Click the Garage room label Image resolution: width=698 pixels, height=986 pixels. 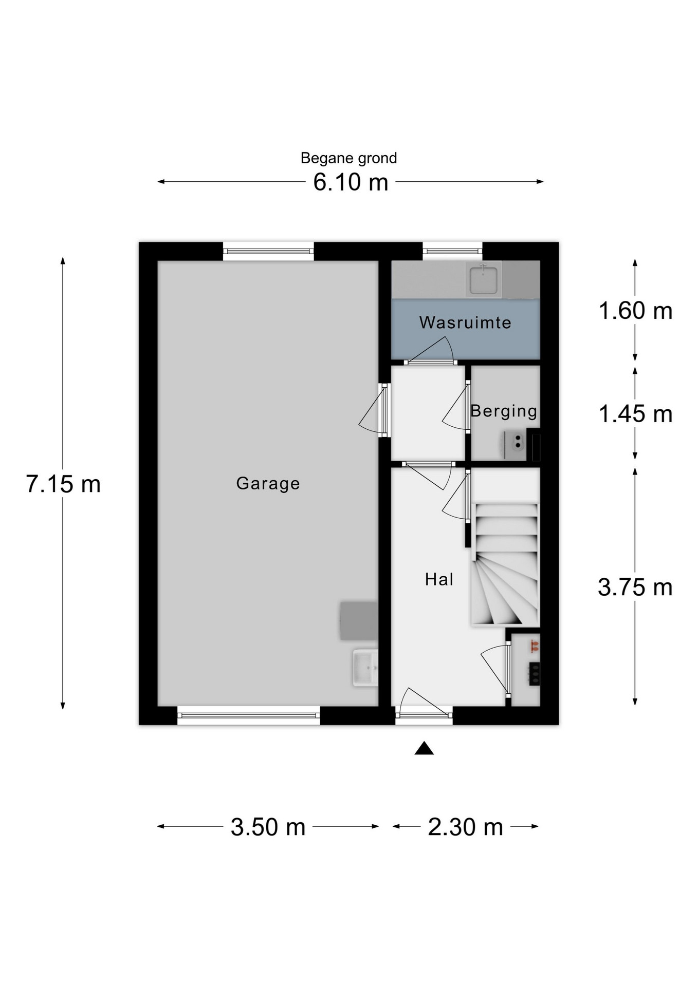[x=268, y=483]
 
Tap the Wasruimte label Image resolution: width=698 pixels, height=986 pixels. [x=465, y=323]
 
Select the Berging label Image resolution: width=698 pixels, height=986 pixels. [x=504, y=411]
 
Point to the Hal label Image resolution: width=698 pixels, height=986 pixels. [x=439, y=579]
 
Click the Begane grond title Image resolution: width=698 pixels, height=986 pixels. [x=348, y=158]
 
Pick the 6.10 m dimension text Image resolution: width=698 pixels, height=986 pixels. [x=351, y=182]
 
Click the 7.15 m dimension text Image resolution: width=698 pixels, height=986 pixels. [x=63, y=484]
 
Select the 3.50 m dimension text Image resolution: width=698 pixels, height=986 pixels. [x=268, y=827]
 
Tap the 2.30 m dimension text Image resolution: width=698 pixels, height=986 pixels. [x=465, y=827]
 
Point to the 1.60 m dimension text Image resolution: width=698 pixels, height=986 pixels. [x=635, y=311]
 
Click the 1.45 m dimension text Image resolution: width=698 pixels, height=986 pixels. [x=635, y=414]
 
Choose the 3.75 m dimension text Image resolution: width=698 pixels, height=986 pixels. [x=635, y=587]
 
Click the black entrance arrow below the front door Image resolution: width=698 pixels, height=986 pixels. [x=424, y=749]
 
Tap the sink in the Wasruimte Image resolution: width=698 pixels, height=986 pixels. [x=483, y=279]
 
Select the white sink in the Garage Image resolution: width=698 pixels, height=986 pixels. [x=365, y=668]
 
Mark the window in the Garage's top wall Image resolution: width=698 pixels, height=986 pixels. [x=268, y=252]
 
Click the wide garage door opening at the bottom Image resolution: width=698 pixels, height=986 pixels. [x=249, y=715]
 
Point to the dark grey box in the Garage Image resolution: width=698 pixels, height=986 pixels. [x=359, y=621]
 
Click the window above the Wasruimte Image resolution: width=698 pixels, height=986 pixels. [x=452, y=251]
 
